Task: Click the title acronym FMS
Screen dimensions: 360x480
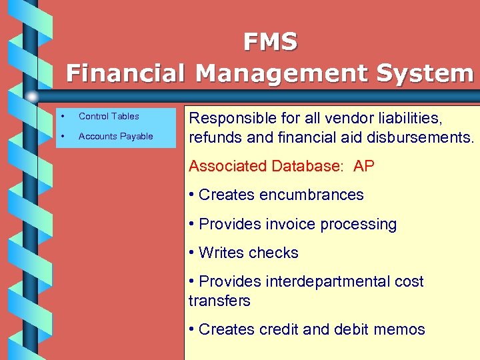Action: pyautogui.click(x=270, y=43)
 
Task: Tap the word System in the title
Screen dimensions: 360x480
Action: pyautogui.click(x=424, y=73)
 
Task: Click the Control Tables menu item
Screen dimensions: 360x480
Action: pyautogui.click(x=109, y=116)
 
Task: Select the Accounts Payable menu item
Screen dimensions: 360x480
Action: pyautogui.click(x=115, y=136)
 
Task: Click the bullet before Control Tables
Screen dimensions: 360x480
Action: pyautogui.click(x=61, y=116)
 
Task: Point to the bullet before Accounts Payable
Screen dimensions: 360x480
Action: pyautogui.click(x=61, y=136)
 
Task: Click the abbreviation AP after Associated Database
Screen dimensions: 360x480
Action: pyautogui.click(x=364, y=166)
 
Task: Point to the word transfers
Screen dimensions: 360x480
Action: pyautogui.click(x=219, y=301)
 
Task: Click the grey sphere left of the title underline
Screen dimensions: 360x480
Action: pyautogui.click(x=32, y=97)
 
